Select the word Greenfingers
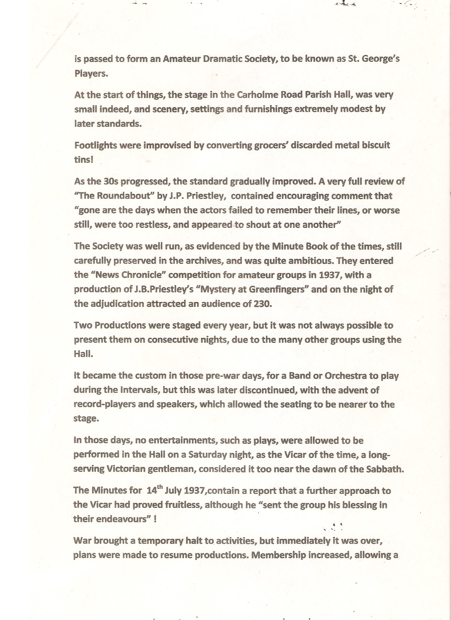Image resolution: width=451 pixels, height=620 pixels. click(x=280, y=290)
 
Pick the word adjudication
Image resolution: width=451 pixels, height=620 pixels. click(x=116, y=304)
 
